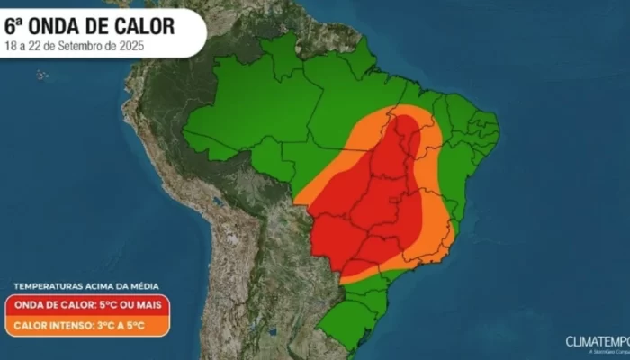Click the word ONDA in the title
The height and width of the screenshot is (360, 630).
(64, 22)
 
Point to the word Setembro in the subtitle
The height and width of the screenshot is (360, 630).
(93, 43)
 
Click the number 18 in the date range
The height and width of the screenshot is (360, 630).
(12, 43)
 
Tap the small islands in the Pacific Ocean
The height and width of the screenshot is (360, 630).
(42, 74)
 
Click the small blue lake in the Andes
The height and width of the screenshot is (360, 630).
(217, 200)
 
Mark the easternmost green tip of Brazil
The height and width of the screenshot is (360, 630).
(498, 132)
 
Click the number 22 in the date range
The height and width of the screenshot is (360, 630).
(39, 43)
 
